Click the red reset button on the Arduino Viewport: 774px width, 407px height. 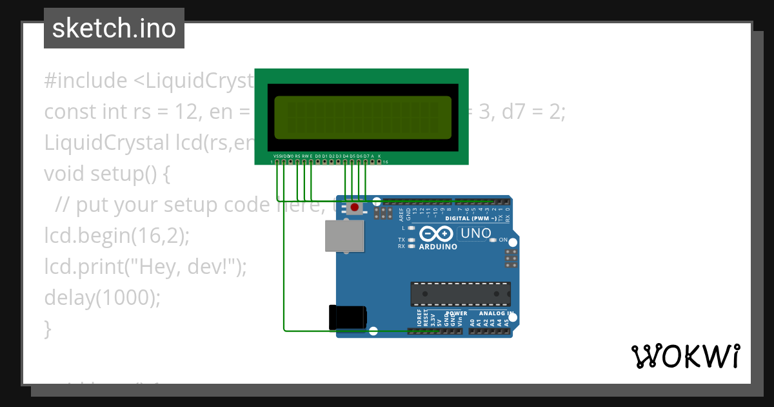point(354,208)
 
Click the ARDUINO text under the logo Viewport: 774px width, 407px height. point(438,247)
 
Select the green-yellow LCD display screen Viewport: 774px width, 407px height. point(362,118)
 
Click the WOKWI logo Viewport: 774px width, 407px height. point(685,356)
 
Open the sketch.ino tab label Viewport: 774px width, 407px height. point(114,28)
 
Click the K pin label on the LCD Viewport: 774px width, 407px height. point(379,156)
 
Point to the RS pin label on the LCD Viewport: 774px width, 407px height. point(297,156)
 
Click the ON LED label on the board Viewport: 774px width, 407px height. point(503,240)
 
